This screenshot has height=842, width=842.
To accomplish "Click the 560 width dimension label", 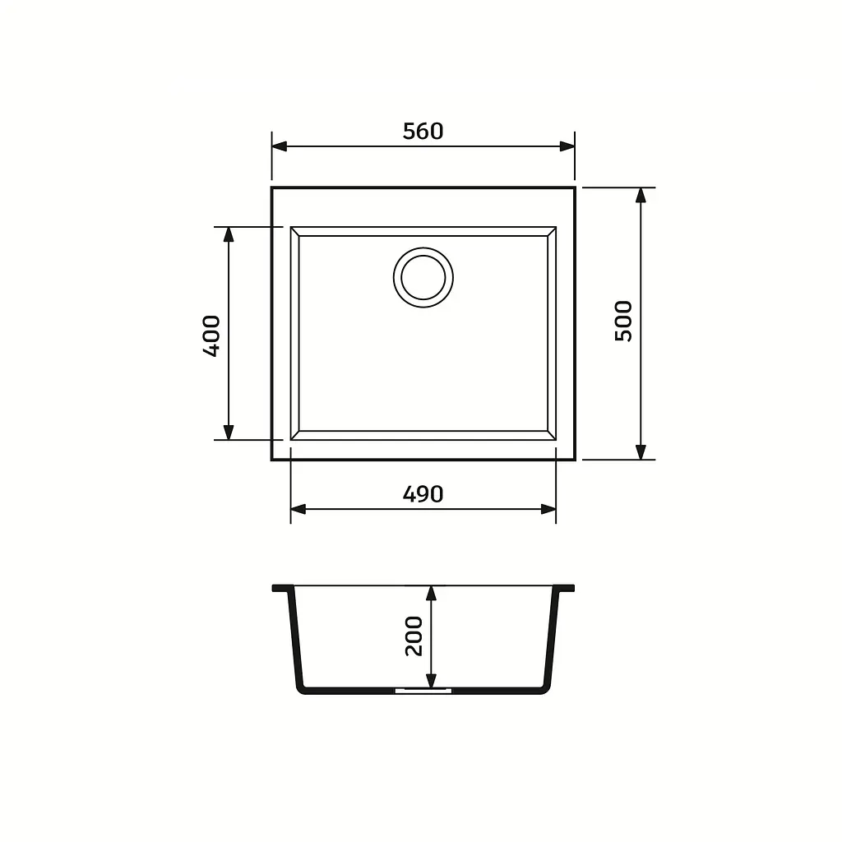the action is (423, 131).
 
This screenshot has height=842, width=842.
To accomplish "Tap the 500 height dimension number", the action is (623, 322).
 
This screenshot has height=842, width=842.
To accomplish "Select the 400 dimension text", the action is (211, 335).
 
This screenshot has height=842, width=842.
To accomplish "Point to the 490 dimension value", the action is (423, 494).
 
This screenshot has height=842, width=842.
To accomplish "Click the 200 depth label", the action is (414, 636).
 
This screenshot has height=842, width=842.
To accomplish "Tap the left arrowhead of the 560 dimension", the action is (280, 146).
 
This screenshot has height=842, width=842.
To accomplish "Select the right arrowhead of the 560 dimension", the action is (567, 146).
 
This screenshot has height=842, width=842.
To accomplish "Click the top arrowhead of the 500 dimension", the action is (641, 196).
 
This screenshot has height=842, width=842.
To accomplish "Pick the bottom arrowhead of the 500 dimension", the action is (641, 452).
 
